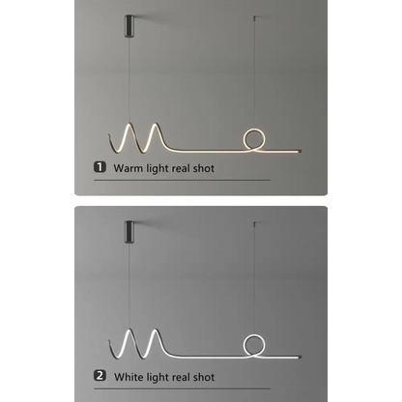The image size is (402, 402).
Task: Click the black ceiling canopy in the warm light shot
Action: tap(129, 26)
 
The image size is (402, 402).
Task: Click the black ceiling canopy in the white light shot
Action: tap(129, 231)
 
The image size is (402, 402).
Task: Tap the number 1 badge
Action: tap(100, 167)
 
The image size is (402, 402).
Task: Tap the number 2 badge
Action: tap(100, 376)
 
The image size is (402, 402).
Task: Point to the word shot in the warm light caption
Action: tap(204, 168)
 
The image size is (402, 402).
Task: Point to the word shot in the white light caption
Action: tap(204, 377)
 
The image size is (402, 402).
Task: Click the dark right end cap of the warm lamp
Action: tap(299, 151)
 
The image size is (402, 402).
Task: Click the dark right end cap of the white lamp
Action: tap(299, 357)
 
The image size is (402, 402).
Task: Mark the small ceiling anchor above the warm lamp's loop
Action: tap(254, 17)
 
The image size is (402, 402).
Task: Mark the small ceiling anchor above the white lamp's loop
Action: tap(254, 223)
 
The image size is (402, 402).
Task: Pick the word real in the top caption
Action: tap(181, 168)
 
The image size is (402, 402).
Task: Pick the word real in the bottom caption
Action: tap(181, 377)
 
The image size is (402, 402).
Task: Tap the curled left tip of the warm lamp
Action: tap(109, 135)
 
